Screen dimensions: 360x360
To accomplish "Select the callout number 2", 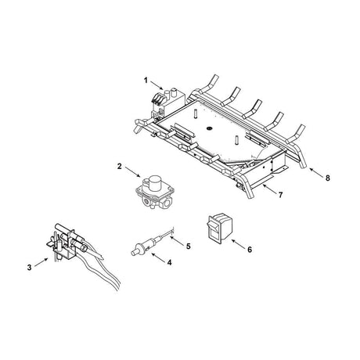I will (x=120, y=167).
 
